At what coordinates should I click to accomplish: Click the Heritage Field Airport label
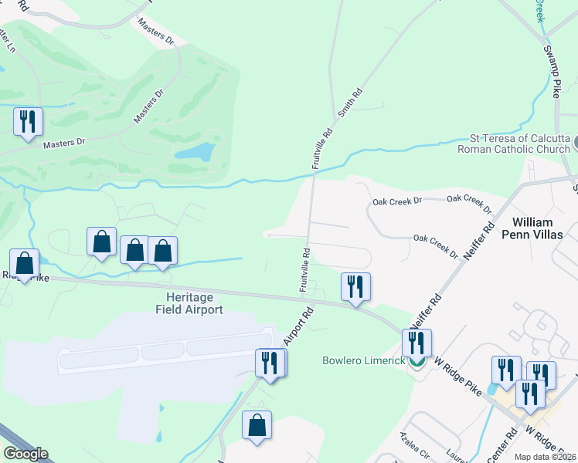pyautogui.click(x=184, y=303)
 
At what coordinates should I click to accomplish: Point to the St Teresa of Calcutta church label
pyautogui.click(x=514, y=144)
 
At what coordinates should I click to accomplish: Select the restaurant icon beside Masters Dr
pyautogui.click(x=28, y=122)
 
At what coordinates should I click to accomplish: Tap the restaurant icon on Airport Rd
pyautogui.click(x=270, y=363)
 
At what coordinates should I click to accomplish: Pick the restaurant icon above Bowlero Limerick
pyautogui.click(x=416, y=342)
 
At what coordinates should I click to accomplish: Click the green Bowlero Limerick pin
pyautogui.click(x=416, y=361)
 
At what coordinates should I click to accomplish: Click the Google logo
pyautogui.click(x=25, y=454)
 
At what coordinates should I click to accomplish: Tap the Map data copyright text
pyautogui.click(x=546, y=457)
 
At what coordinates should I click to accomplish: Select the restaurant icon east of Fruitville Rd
pyautogui.click(x=355, y=287)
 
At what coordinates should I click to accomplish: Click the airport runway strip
pyautogui.click(x=165, y=350)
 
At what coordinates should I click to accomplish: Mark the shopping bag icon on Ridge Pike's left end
pyautogui.click(x=25, y=263)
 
